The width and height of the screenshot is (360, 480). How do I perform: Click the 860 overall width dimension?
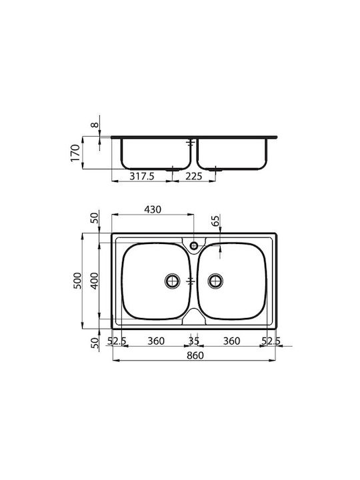tap(195, 355)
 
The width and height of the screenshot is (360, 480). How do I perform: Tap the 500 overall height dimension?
tap(77, 281)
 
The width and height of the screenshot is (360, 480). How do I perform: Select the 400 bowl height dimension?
tap(95, 281)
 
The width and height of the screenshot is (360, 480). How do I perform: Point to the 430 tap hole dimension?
tap(153, 209)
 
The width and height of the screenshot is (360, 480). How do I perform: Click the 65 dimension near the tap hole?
tap(215, 221)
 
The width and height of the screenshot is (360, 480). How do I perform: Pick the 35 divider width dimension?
tap(194, 341)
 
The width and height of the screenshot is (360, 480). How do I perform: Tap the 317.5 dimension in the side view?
tap(142, 176)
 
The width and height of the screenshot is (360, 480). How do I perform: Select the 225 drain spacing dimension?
tap(193, 176)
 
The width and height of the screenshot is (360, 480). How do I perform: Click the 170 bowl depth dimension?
tap(75, 153)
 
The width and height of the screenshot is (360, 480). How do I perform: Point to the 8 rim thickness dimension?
tap(95, 125)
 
